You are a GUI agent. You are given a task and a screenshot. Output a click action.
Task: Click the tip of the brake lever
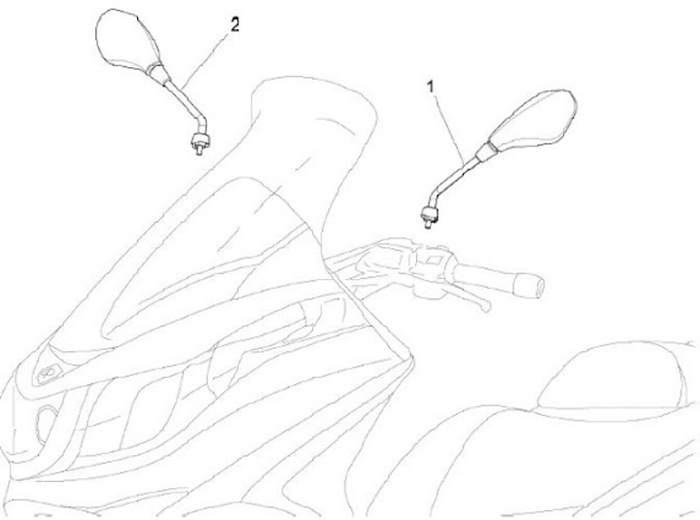click(483, 304)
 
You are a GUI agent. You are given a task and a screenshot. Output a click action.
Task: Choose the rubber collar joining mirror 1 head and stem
click(487, 149)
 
